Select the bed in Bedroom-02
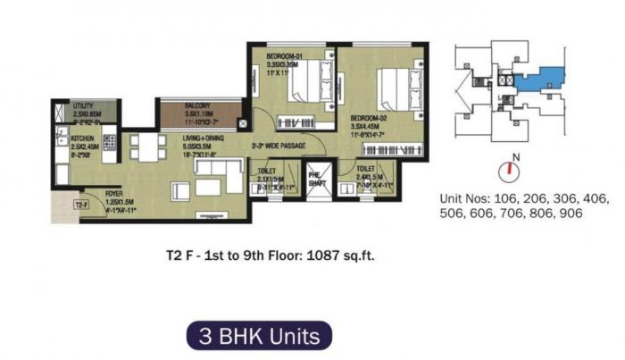tap(396, 90)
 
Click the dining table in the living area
tap(148, 147)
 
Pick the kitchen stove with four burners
tap(110, 141)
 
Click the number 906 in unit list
tap(567, 214)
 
